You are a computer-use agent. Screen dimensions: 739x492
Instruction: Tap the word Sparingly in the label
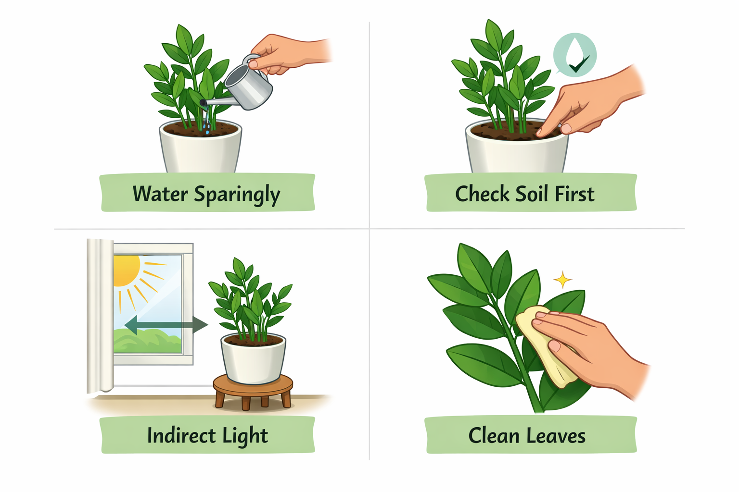pos(237,195)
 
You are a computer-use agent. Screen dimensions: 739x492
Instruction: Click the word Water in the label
pos(160,194)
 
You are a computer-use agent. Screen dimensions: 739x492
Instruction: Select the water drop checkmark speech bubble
pos(574,55)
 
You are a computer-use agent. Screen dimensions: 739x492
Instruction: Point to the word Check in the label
pos(483,194)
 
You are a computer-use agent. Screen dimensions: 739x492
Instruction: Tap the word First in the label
pos(575,194)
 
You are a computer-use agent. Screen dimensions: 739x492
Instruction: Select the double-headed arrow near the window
pos(166,325)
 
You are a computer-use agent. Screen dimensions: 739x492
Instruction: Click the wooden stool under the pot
pos(253,392)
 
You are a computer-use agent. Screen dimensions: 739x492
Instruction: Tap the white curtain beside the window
pos(100,316)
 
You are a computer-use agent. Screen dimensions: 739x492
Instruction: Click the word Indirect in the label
pos(181,436)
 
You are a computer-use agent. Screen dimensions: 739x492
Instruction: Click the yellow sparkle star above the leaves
pos(562,280)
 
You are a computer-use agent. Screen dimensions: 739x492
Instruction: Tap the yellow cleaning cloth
pos(546,346)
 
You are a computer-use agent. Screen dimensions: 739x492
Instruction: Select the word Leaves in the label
pos(556,436)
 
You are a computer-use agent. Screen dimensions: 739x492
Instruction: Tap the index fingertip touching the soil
pos(540,133)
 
